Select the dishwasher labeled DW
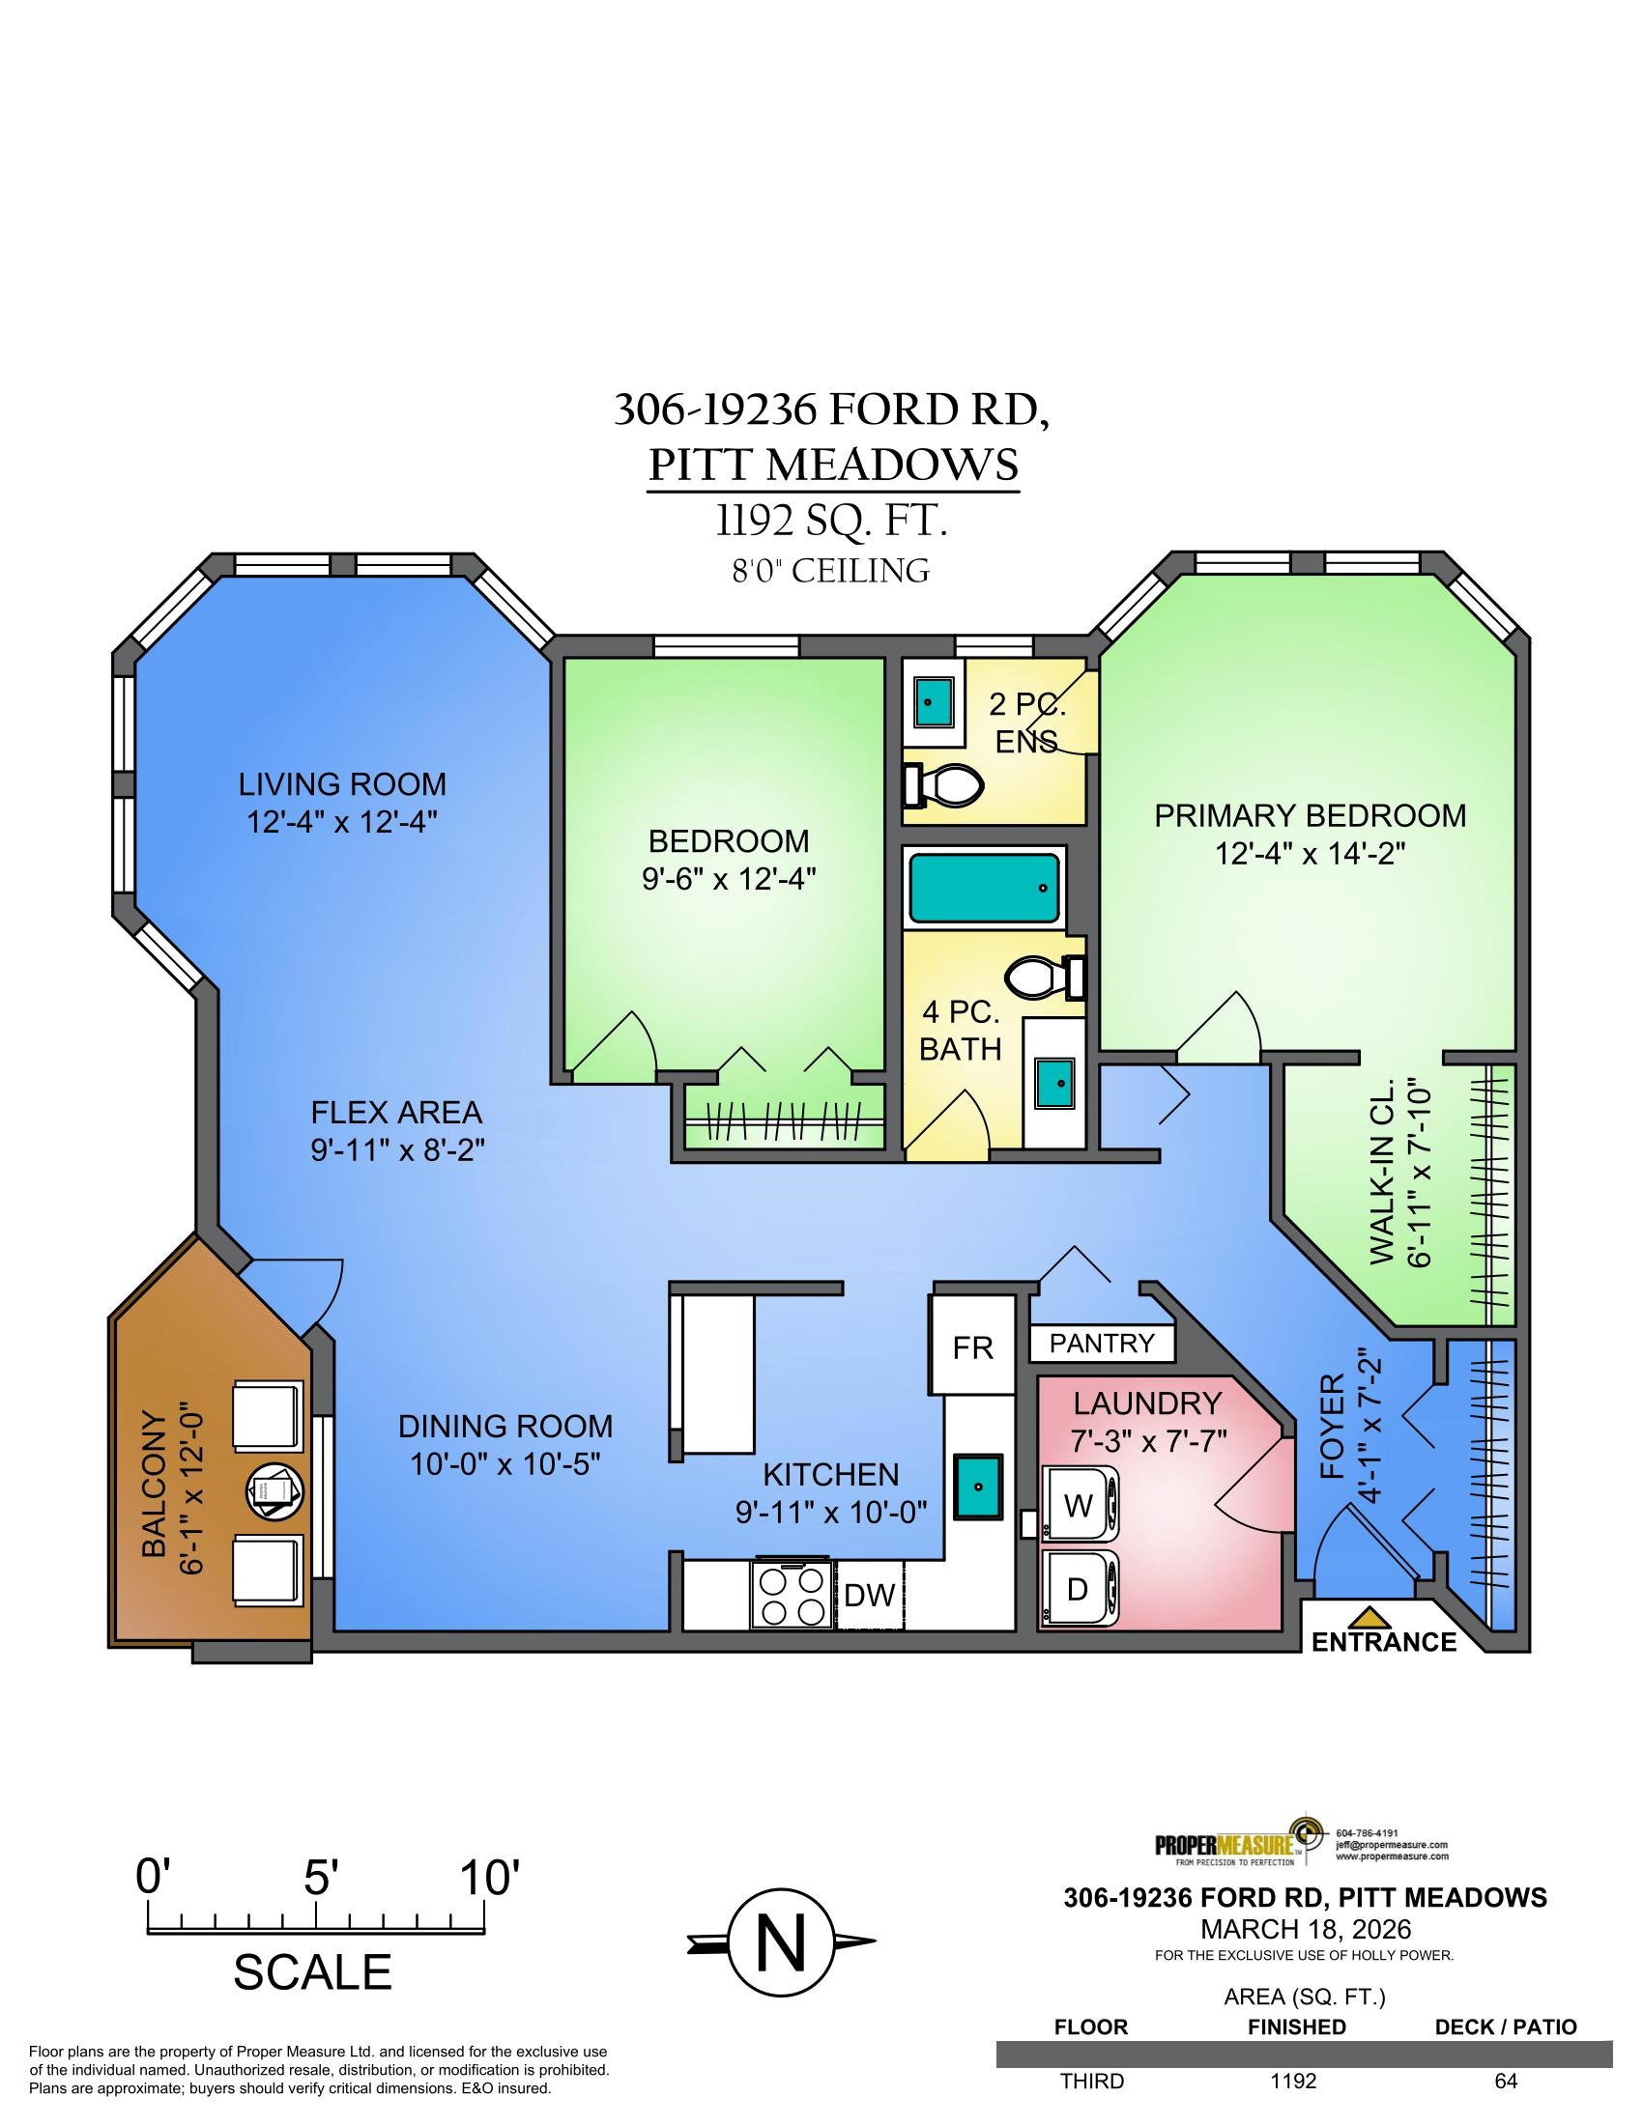click(x=869, y=1594)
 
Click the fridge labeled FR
click(x=972, y=1347)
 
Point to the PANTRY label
click(x=1102, y=1344)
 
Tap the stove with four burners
click(x=793, y=1594)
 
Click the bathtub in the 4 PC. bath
click(x=982, y=888)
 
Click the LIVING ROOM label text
click(x=343, y=783)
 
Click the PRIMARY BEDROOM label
click(x=1311, y=814)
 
